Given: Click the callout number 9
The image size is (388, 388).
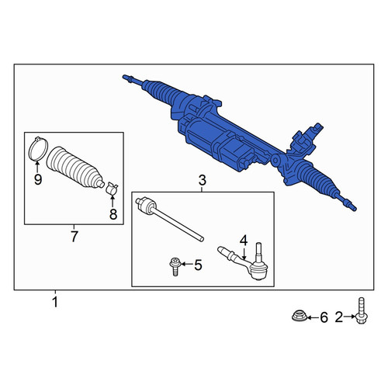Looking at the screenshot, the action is tap(38, 179).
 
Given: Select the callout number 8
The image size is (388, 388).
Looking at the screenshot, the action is tap(113, 214).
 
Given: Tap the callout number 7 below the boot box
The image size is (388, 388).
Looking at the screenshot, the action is tap(74, 237).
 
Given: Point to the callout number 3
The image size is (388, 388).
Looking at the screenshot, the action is tap(203, 180).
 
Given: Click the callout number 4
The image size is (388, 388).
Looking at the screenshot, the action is tap(244, 241).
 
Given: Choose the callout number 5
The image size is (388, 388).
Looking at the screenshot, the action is tap(198, 265).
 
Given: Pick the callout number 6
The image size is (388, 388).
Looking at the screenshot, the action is tap(324, 317).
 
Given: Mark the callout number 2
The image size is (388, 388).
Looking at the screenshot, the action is tap(339, 317).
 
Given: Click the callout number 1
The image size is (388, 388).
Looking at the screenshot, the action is tap(55, 302).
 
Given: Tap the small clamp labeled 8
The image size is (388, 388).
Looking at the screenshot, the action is tap(113, 189).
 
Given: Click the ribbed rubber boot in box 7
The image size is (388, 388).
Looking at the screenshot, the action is tap(75, 168).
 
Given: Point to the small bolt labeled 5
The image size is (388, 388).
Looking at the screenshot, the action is tap(175, 267).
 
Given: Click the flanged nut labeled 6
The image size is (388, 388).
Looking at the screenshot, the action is tap(299, 317).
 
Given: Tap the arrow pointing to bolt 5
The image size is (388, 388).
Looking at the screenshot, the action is tap(186, 264).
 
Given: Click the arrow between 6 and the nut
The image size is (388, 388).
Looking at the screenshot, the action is tap(313, 317).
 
